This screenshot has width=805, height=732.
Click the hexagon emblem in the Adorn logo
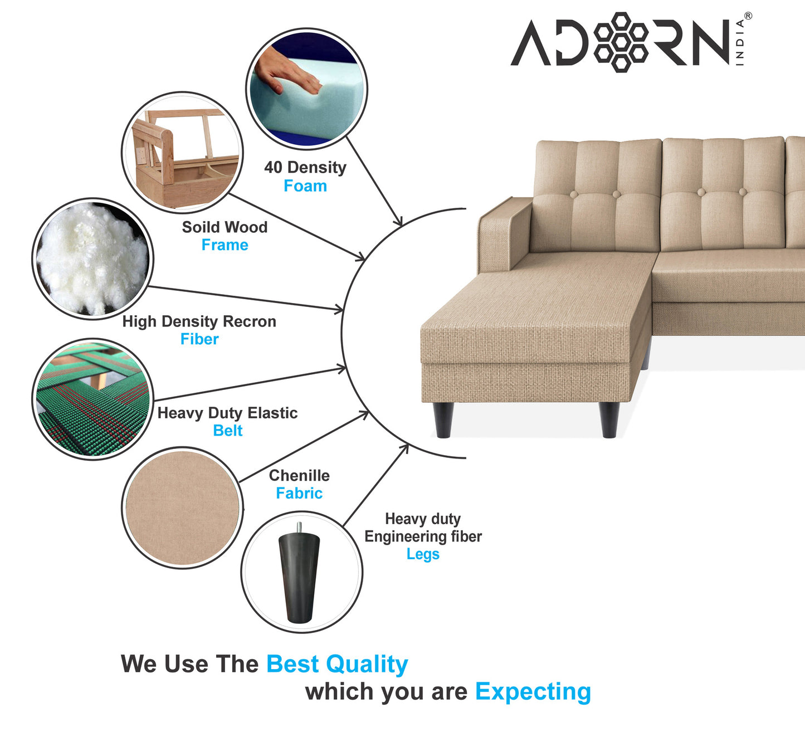621,42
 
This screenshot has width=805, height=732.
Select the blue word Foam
305,186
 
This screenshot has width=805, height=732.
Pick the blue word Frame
225,245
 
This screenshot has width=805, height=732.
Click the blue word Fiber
199,339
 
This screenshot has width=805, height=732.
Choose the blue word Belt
228,431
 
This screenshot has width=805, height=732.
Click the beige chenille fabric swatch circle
182,507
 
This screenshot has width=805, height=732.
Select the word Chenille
299,476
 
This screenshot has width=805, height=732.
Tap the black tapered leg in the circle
299,577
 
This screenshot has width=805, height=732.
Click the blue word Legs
423,554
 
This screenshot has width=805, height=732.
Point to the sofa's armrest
504,231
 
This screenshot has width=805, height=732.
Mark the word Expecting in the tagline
533,692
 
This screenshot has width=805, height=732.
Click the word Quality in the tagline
367,664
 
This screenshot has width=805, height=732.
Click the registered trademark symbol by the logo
748,16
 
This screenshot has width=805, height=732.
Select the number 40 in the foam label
273,167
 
